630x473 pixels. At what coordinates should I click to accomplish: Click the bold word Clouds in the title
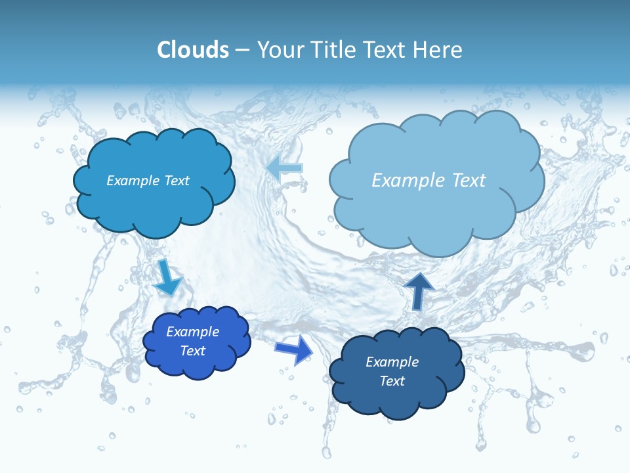(192, 50)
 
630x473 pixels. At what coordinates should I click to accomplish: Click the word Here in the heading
(439, 50)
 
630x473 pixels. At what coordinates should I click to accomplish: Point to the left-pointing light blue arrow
(285, 168)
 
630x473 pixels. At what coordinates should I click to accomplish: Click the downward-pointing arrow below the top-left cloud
(167, 277)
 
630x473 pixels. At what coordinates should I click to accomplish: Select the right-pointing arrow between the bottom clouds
(295, 349)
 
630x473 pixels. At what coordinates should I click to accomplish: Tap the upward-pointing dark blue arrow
(419, 290)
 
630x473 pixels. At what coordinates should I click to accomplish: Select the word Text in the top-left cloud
(177, 181)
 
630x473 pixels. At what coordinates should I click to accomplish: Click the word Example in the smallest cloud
(192, 332)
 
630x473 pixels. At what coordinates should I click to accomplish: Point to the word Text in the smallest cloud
(192, 351)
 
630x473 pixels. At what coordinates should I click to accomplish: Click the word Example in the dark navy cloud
(392, 362)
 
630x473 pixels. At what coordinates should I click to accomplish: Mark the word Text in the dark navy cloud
(392, 381)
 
